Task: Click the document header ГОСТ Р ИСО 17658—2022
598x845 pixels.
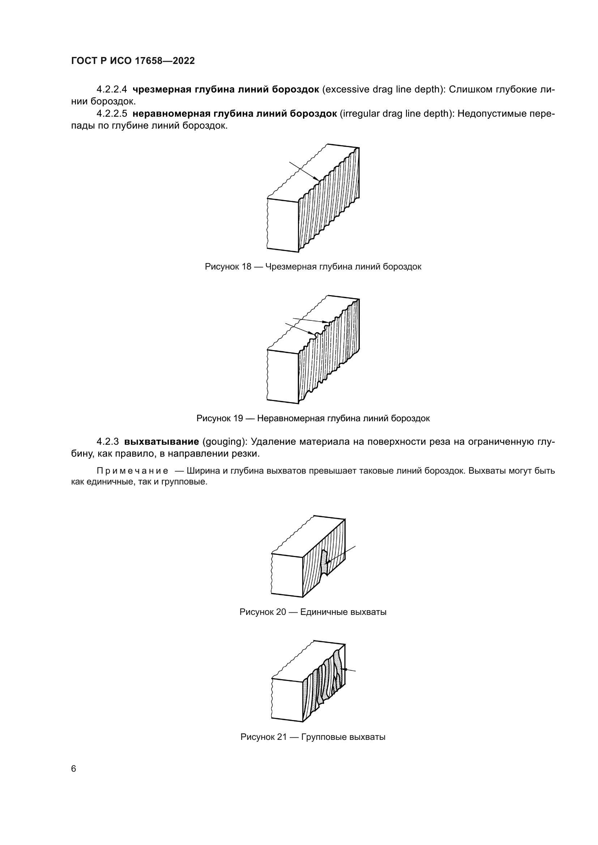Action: pyautogui.click(x=133, y=61)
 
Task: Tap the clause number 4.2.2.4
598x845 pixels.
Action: pyautogui.click(x=112, y=90)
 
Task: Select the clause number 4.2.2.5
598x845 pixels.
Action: pyautogui.click(x=112, y=114)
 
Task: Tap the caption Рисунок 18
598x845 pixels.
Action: pyautogui.click(x=313, y=267)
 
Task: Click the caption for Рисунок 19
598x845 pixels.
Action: pyautogui.click(x=313, y=418)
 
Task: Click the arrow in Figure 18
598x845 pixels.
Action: pyautogui.click(x=304, y=171)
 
